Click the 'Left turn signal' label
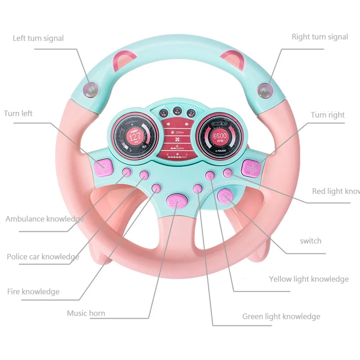[x=38, y=38]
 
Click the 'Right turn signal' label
[x=320, y=37]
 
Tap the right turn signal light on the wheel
[x=266, y=90]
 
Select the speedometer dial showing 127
[x=135, y=137]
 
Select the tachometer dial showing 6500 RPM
[x=220, y=137]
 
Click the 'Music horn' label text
[x=86, y=313]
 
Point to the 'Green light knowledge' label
[x=281, y=316]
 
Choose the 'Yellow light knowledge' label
[x=309, y=279]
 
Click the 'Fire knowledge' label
[x=33, y=292]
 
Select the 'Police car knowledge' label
[x=43, y=257]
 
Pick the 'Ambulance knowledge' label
[x=45, y=219]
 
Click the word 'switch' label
[x=311, y=241]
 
